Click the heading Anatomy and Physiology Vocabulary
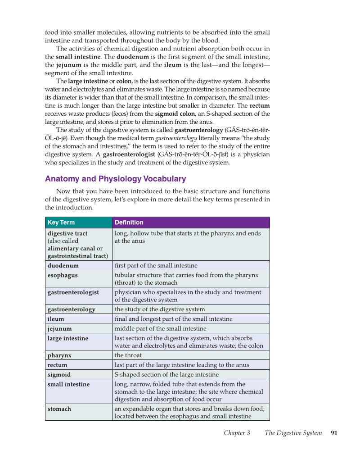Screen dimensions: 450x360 point(115,179)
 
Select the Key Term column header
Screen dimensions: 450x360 point(61,223)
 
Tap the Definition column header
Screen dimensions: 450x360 point(129,223)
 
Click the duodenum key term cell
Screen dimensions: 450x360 point(63,266)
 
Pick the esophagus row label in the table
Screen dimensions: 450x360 point(63,275)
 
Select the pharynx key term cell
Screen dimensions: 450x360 point(59,355)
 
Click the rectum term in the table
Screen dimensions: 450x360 point(57,365)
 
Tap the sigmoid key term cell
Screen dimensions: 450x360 point(59,375)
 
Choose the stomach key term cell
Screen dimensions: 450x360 point(59,409)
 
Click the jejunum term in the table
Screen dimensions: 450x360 point(59,329)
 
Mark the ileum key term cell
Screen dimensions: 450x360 point(56,319)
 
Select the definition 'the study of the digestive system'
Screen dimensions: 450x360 point(159,309)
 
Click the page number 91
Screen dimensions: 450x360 point(334,433)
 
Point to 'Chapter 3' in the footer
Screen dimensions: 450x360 point(237,433)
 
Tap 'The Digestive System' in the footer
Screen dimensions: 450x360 point(293,433)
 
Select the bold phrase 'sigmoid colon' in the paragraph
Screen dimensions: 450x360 point(175,114)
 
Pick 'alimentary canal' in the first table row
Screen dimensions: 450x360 point(71,249)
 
